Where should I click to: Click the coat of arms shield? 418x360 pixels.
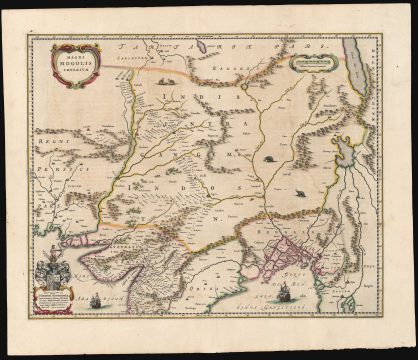point(50,267)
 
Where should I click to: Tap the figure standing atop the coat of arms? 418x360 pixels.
point(50,253)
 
